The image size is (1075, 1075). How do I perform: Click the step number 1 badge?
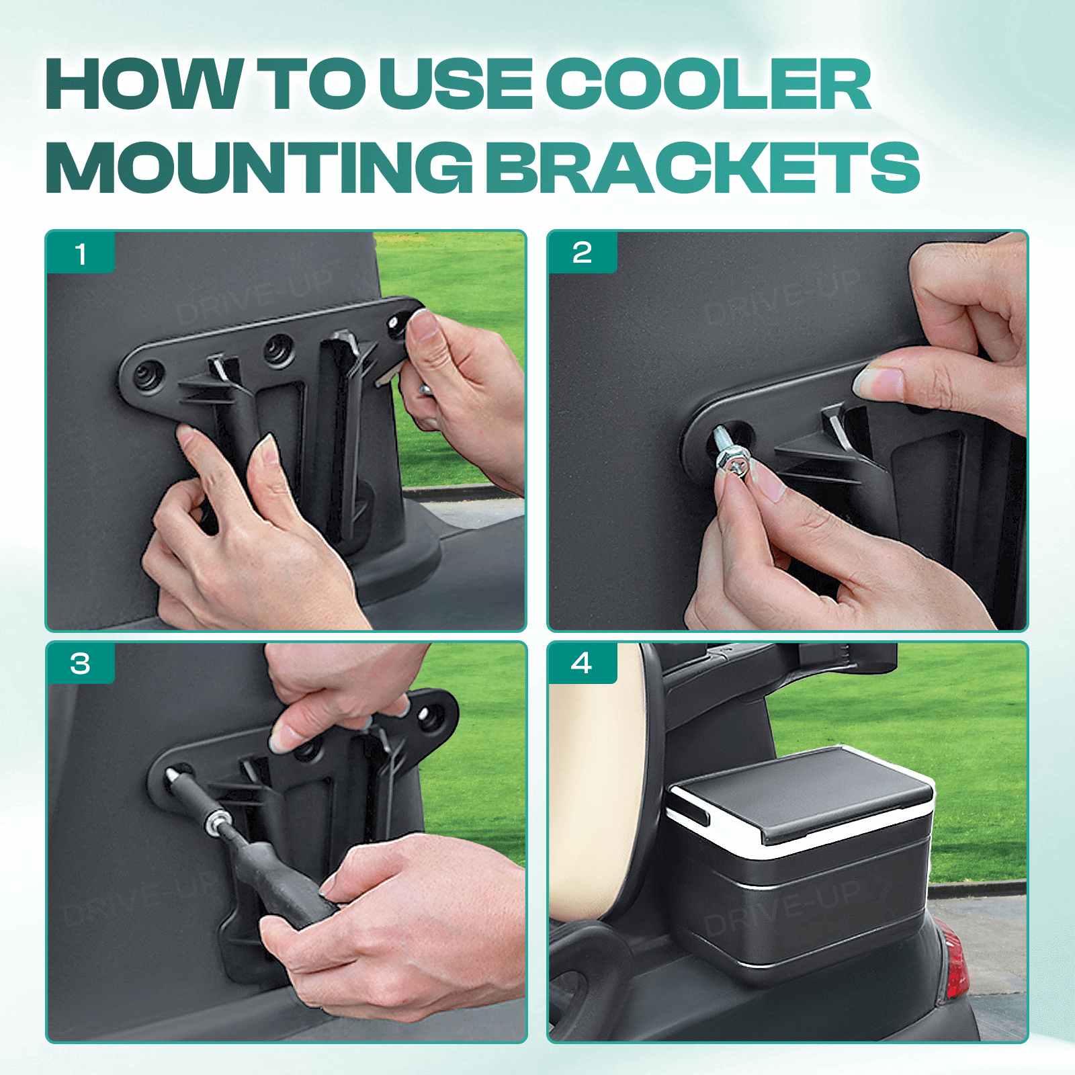[x=81, y=254]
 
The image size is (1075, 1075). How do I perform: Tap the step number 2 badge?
[x=582, y=253]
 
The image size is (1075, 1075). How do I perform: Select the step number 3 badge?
[x=80, y=664]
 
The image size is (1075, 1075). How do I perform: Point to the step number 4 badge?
[x=581, y=663]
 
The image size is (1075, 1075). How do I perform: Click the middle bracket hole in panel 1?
[x=277, y=349]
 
